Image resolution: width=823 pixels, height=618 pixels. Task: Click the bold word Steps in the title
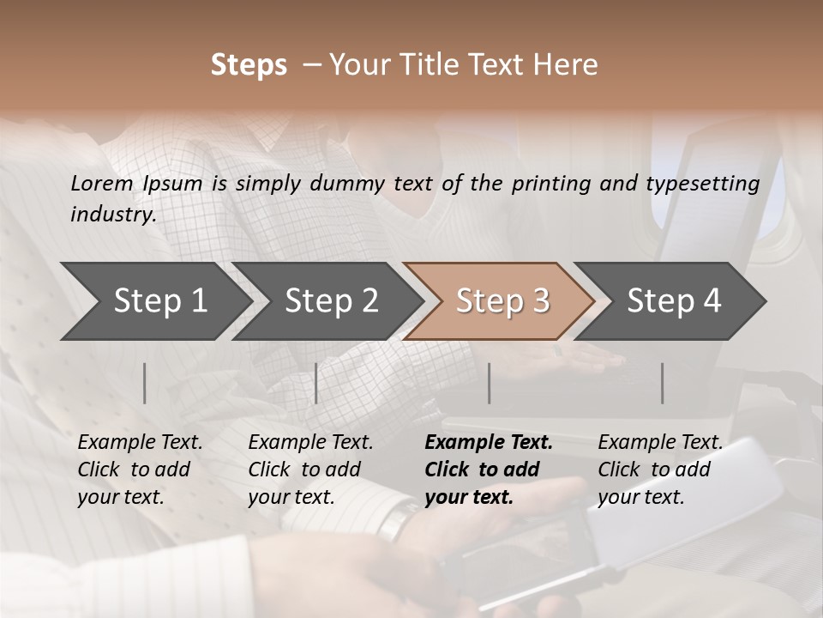coord(249,65)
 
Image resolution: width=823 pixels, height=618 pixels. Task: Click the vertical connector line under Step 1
coord(145,383)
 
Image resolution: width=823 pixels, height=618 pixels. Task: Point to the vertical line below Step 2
coord(316,383)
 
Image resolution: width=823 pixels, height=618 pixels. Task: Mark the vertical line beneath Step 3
coord(490,383)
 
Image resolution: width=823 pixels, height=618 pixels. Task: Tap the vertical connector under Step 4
coord(663,383)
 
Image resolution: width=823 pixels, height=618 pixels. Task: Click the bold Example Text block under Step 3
coord(488,470)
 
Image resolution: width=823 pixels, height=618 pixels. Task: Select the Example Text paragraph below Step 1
coord(140,470)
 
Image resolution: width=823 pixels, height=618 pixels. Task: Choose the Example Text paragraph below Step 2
coord(310,470)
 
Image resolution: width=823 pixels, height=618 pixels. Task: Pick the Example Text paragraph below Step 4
coord(660,470)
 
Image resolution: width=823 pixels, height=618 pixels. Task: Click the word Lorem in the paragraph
coord(102,183)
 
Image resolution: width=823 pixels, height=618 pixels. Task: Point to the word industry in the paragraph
coord(111,215)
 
